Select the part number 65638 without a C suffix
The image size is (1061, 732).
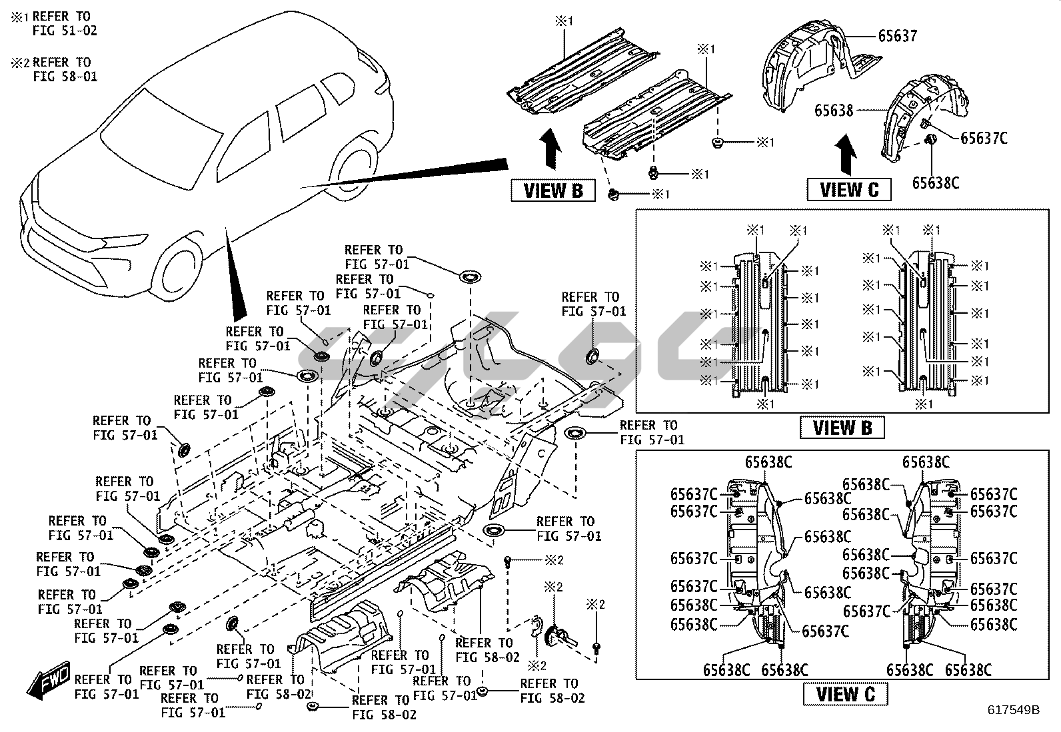[x=833, y=110]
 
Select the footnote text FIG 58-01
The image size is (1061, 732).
[x=65, y=77]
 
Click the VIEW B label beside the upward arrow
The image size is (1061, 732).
[x=553, y=190]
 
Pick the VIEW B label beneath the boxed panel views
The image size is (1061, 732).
[x=842, y=427]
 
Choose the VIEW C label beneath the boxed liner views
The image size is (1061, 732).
[x=845, y=693]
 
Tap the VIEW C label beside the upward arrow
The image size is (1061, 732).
[x=849, y=190]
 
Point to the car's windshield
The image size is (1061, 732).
[x=160, y=137]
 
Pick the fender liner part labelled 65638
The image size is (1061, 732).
[x=916, y=120]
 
